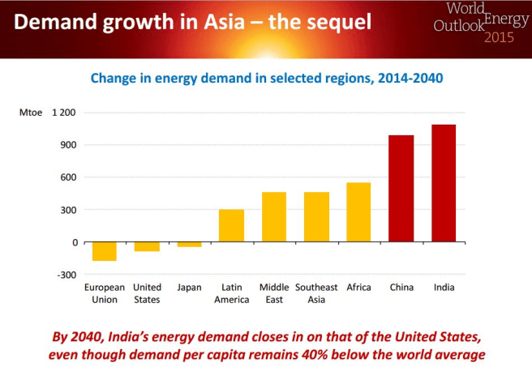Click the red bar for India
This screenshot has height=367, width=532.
444,183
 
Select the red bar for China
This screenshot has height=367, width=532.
401,189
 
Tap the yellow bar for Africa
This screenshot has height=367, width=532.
358,212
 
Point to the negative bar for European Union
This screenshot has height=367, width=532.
105,251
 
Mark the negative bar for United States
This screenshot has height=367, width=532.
147,246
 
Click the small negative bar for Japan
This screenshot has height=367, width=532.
189,244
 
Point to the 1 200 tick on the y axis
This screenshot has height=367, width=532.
63,112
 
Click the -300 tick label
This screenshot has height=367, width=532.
66,274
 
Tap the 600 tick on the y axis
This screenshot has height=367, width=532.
68,177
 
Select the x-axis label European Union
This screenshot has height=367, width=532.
105,293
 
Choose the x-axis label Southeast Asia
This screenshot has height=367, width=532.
316,293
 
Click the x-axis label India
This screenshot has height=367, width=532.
444,288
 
